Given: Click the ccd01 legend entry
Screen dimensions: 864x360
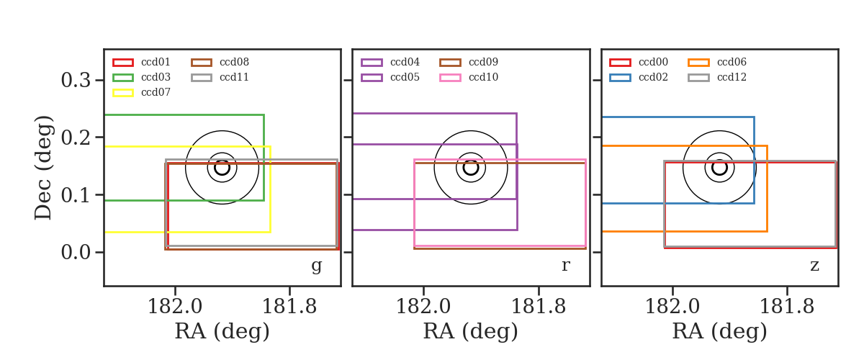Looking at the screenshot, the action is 141,62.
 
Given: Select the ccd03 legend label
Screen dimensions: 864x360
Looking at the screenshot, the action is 156,77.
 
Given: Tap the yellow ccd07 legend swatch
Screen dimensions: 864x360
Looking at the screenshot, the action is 123,93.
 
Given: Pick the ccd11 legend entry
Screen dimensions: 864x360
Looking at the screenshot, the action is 220,77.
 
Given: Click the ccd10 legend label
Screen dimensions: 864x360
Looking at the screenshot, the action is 483,77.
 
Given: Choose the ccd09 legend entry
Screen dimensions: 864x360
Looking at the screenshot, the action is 469,62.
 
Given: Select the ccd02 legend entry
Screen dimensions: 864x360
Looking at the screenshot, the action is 639,77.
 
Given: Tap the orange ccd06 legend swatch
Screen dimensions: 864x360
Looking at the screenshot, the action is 698,63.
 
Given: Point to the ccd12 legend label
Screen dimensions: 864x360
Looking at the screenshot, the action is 732,77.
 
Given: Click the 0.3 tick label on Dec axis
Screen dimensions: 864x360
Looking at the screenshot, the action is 76,80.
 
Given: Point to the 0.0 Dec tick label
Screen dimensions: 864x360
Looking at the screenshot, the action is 76,252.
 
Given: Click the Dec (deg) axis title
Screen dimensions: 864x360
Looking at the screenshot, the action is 42,168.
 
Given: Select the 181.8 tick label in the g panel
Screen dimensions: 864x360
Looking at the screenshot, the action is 289,307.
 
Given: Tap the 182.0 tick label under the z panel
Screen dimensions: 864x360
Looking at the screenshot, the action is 672,307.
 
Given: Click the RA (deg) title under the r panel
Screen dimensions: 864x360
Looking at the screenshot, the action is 471,331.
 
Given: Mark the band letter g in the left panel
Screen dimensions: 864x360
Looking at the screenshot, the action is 316,266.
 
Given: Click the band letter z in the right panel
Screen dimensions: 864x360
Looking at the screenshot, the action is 814,266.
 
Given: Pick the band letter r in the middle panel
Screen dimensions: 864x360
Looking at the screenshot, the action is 565,266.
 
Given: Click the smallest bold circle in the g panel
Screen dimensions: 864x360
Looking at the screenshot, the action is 222,168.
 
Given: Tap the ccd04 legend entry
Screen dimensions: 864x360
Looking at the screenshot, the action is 390,62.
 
